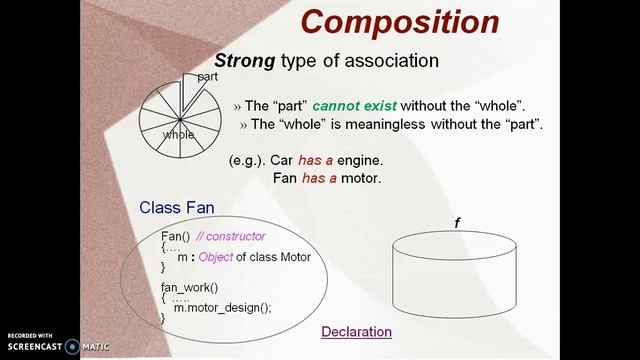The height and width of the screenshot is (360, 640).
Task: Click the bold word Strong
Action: (x=245, y=61)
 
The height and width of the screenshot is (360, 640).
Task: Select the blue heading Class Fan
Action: (x=176, y=208)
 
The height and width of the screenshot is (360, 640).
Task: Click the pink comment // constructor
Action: (x=231, y=236)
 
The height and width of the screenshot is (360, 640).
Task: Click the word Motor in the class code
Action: (x=291, y=257)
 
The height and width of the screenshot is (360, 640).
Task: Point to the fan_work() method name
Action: (x=189, y=287)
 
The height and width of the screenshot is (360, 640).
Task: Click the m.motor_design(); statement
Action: (x=222, y=308)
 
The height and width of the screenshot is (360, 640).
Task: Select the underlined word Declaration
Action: (x=356, y=332)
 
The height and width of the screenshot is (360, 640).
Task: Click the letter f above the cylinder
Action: (x=457, y=223)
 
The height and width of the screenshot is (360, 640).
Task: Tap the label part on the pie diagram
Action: (x=207, y=76)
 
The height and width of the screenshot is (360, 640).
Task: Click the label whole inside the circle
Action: (x=179, y=135)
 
